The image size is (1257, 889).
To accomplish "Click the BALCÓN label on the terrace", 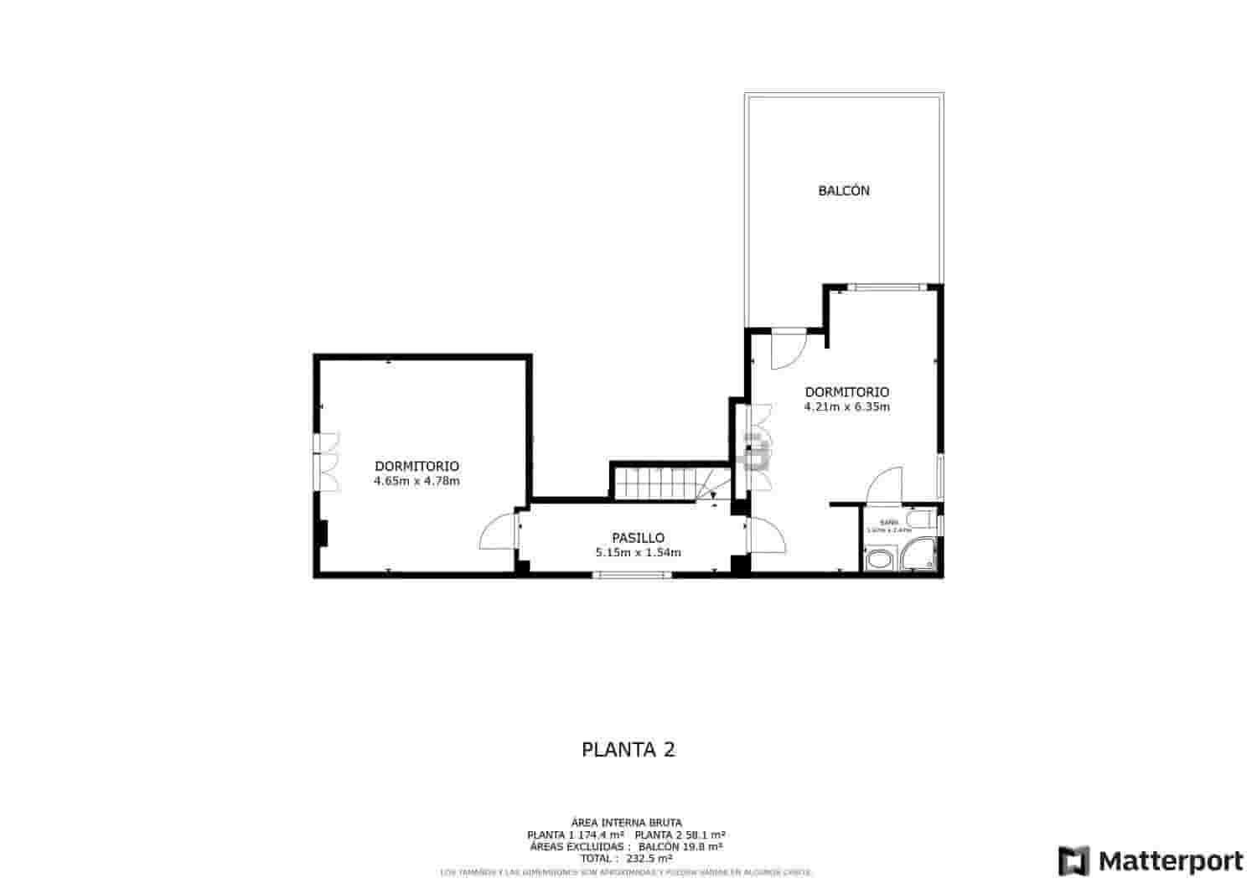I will (844, 191).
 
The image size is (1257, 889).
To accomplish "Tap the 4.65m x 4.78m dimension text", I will (416, 482).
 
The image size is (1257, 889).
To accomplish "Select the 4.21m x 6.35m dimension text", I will (846, 408).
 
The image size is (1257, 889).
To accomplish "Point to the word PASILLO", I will (638, 538).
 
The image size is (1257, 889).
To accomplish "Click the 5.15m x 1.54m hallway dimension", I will (638, 553).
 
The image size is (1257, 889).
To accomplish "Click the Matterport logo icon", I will (1073, 861).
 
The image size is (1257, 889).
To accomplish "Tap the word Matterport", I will (1171, 861).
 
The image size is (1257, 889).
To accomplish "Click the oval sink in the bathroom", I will (879, 560).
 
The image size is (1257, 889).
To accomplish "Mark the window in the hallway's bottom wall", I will (633, 575).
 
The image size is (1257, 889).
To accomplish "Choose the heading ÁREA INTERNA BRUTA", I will (626, 823).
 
